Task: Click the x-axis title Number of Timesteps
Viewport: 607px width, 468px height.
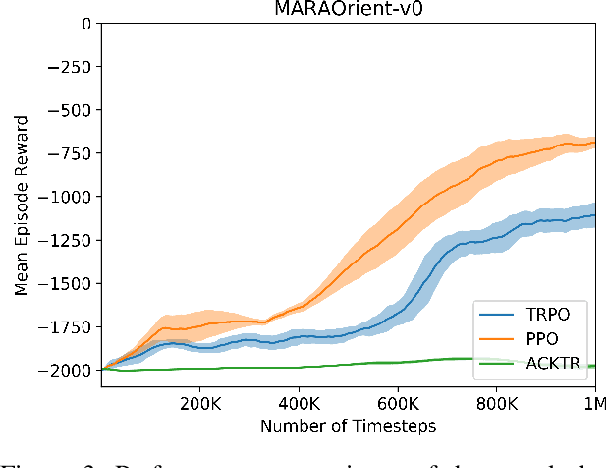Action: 347,425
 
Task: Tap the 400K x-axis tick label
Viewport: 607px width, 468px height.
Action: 299,403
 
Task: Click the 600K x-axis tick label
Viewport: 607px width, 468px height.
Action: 398,403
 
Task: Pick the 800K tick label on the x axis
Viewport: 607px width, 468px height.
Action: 497,403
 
